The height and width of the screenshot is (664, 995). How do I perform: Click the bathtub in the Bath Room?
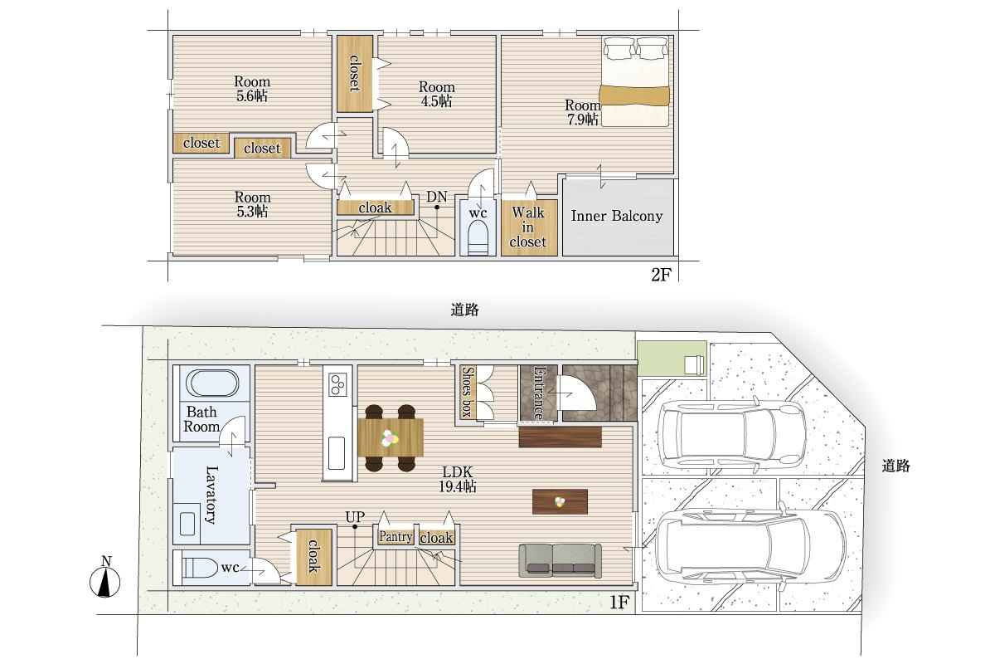(212, 383)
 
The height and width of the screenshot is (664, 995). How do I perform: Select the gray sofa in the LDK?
(561, 560)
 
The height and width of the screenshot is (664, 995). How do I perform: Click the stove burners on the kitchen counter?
(337, 384)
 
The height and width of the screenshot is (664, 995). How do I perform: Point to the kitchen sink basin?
(337, 452)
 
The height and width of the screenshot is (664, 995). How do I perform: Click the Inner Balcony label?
(617, 216)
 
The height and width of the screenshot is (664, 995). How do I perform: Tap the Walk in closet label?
(527, 227)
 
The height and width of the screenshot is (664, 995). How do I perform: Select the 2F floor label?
(661, 275)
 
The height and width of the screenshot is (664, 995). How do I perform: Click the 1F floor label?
(619, 603)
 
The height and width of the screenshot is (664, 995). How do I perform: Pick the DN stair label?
(437, 197)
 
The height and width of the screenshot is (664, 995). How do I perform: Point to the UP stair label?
(355, 516)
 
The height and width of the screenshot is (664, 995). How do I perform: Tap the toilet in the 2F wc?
(478, 240)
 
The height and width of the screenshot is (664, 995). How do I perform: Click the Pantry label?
(396, 537)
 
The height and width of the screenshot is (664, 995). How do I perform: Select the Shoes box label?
(466, 392)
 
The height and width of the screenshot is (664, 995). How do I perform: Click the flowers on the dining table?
(390, 438)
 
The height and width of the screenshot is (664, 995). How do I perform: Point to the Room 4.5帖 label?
(436, 94)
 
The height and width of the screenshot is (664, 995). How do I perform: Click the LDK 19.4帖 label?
(458, 479)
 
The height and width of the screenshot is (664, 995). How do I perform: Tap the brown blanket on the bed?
(634, 96)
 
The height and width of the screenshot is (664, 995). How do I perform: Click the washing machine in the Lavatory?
(188, 523)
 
